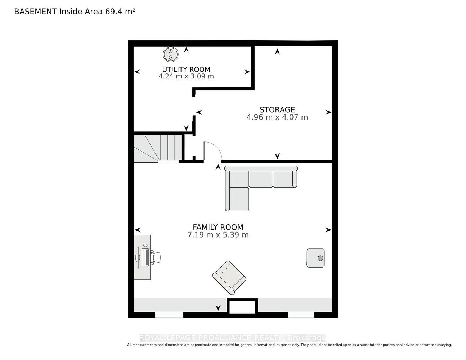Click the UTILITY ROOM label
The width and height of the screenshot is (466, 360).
point(186,69)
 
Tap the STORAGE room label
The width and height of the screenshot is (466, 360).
point(277,110)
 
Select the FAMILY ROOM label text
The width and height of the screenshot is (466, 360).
point(218,227)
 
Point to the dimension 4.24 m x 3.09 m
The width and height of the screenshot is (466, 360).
point(186,76)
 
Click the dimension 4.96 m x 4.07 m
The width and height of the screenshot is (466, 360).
point(277,117)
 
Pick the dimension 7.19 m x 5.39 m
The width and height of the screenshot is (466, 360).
point(218,235)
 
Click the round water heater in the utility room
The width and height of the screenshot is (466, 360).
point(170,54)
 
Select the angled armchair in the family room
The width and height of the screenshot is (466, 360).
point(229,278)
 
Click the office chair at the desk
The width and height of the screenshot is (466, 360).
point(156,257)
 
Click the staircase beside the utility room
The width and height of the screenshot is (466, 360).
point(158,148)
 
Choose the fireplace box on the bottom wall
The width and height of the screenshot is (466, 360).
point(242,307)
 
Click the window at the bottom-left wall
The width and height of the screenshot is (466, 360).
point(169,315)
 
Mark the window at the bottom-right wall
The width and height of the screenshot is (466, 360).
point(301,315)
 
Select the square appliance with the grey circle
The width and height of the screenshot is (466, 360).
point(315,258)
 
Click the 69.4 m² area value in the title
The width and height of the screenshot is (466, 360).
point(120,12)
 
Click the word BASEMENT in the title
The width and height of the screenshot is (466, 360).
point(35,12)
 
